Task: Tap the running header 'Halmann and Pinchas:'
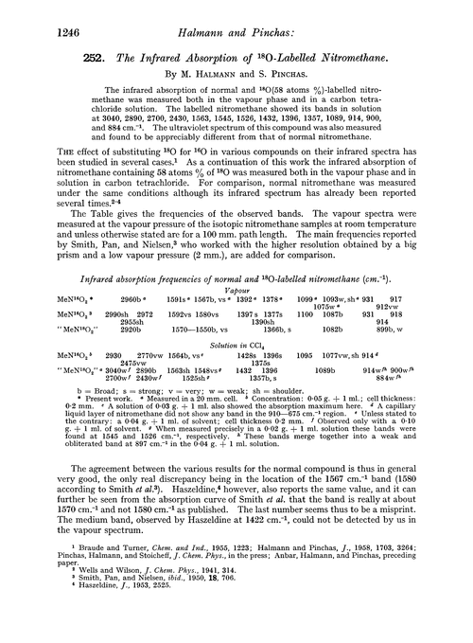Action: coord(237,11)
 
